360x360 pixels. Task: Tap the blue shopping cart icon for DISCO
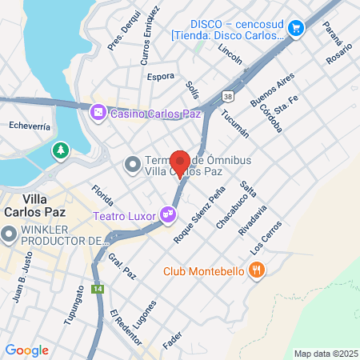click(297, 28)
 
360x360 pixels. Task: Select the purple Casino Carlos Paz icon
click(98, 112)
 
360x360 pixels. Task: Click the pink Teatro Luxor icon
click(166, 214)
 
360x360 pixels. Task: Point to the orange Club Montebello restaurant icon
click(256, 271)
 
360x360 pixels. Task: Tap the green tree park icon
click(61, 150)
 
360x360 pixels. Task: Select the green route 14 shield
click(98, 290)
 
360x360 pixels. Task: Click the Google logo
click(26, 350)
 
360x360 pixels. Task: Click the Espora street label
click(161, 77)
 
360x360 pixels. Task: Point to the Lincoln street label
click(230, 54)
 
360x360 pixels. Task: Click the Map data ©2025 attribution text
click(325, 353)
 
